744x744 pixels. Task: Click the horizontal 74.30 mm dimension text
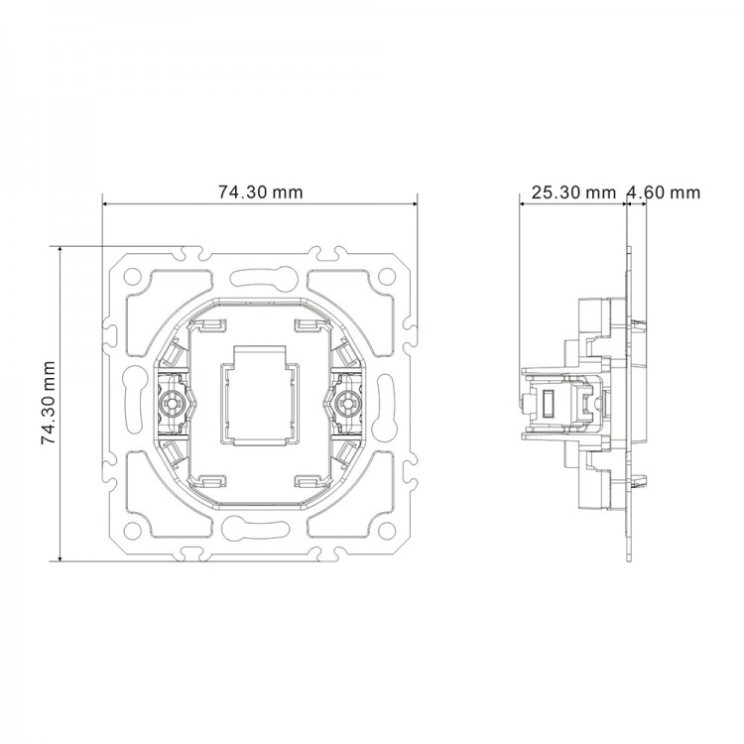pos(261,192)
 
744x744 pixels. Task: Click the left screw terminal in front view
pos(173,404)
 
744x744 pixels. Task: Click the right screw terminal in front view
pos(347,404)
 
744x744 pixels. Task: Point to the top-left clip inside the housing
pos(212,325)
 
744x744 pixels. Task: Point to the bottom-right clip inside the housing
pos(308,481)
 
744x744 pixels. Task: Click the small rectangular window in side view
pos(547,403)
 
